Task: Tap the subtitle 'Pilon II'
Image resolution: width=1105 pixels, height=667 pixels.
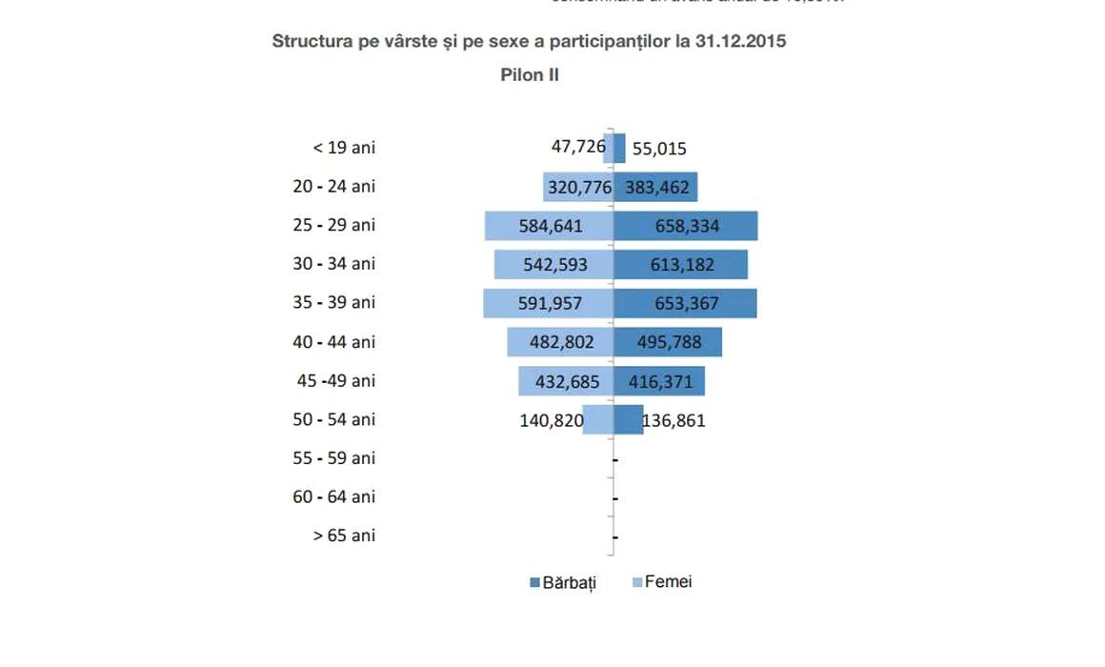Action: (x=530, y=75)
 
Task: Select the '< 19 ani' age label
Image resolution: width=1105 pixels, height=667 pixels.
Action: (x=344, y=148)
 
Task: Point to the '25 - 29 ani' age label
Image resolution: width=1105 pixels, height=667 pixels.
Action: (x=334, y=225)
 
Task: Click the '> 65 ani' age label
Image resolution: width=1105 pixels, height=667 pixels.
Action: (x=344, y=536)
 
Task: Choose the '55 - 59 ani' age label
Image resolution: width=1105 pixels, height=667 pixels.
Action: (x=334, y=458)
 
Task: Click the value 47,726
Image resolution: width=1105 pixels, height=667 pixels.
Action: (x=578, y=147)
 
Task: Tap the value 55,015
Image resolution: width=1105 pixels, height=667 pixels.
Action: (x=659, y=149)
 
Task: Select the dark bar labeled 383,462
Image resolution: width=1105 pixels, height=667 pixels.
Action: (x=656, y=187)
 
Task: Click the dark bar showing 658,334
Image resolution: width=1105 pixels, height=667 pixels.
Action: (x=686, y=226)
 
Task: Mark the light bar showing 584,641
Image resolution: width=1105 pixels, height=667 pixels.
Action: (x=549, y=226)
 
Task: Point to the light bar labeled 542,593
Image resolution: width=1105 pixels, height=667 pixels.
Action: (x=553, y=265)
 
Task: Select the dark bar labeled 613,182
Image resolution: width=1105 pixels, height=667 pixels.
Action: (x=681, y=265)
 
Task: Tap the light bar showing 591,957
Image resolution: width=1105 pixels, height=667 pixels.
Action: (x=548, y=304)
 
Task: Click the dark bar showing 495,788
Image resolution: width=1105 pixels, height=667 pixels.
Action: (x=668, y=342)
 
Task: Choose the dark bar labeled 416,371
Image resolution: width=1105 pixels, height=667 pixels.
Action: (x=659, y=381)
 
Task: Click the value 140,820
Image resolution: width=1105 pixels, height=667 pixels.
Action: (x=552, y=420)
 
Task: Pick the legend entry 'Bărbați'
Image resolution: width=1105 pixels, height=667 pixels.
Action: (x=563, y=582)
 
